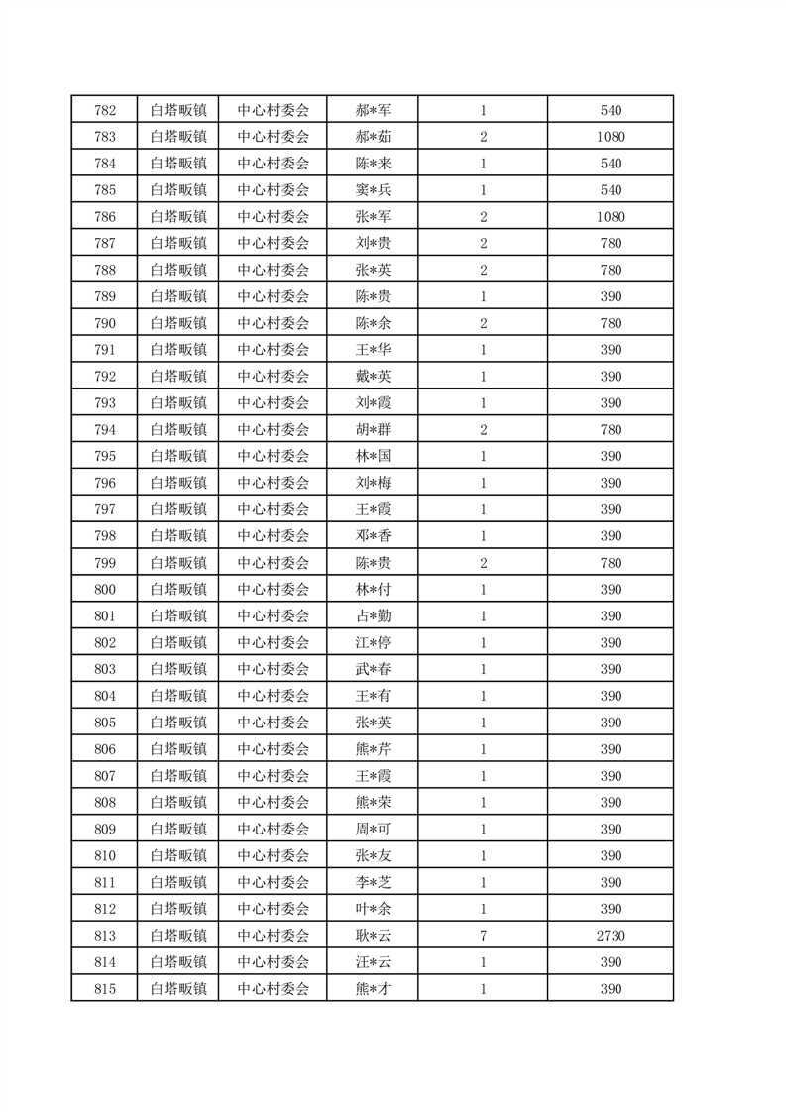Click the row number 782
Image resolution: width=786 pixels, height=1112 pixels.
[x=105, y=110]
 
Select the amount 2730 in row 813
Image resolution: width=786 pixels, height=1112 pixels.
[x=611, y=936]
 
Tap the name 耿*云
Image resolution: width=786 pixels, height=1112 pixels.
[x=373, y=936]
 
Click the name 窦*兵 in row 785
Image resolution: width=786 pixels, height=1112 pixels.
[x=373, y=190]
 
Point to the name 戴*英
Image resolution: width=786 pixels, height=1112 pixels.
[x=373, y=377]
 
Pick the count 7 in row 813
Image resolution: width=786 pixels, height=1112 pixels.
[x=483, y=936]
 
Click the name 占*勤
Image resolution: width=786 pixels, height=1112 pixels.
[x=373, y=616]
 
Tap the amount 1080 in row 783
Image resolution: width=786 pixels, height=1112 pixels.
[x=611, y=137]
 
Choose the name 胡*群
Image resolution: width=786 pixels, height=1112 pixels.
[x=373, y=430]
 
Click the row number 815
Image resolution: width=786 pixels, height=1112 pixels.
[x=105, y=989]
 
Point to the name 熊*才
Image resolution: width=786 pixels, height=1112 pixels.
[x=373, y=989]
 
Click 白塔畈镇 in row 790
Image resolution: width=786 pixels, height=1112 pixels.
[x=178, y=323]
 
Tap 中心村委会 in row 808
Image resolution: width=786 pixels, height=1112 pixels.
[x=274, y=803]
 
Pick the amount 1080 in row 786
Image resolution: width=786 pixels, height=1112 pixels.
[x=611, y=217]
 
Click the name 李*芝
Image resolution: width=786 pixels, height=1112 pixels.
[x=373, y=882]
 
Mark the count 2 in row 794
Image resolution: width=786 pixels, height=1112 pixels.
[x=483, y=430]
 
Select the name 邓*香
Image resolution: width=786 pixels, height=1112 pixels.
[x=373, y=536]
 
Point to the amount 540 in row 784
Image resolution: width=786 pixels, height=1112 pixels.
[x=611, y=164]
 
